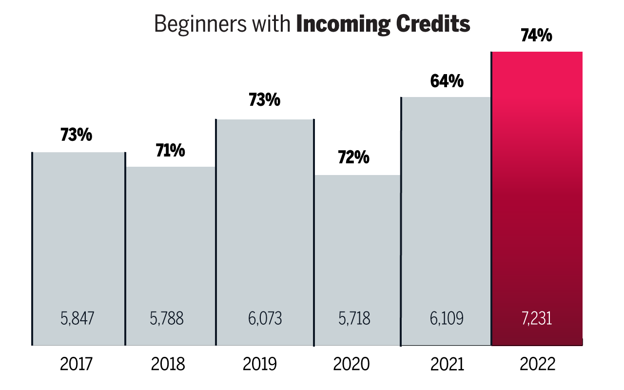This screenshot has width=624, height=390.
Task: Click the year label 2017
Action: point(77,364)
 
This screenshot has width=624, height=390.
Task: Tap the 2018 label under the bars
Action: point(168,364)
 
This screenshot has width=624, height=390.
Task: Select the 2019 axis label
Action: point(259,364)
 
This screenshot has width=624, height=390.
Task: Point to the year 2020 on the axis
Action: point(351,364)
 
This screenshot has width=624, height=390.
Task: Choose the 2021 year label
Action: point(446,364)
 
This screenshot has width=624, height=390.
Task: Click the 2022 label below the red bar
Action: point(537,364)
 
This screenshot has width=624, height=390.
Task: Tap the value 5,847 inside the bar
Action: point(77,319)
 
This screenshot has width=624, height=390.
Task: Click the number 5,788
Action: point(167,319)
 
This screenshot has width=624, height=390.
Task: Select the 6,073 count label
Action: point(265,319)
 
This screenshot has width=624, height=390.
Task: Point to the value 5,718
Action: point(354,319)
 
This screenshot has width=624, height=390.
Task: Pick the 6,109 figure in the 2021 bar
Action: point(446,319)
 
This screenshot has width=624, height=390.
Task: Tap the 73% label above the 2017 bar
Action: point(76,135)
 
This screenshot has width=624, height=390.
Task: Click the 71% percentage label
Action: point(170,151)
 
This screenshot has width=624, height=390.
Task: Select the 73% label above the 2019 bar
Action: point(264,100)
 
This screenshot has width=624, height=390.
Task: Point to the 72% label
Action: point(354,157)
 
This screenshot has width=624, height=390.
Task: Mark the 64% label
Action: point(447,81)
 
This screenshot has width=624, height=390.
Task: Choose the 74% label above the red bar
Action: point(536,35)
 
